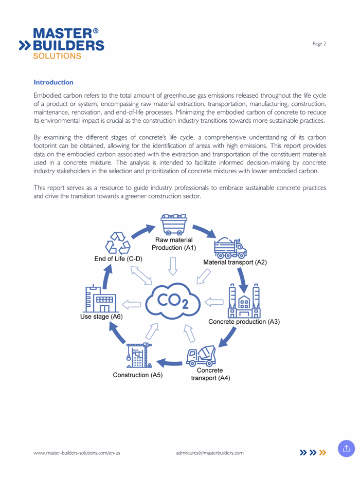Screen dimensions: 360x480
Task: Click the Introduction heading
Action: point(53,82)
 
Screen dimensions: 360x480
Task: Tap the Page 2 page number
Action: point(319,44)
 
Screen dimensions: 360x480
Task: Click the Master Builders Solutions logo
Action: point(62,44)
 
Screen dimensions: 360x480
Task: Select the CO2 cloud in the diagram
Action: point(173,301)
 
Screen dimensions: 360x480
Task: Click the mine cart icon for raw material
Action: point(174,225)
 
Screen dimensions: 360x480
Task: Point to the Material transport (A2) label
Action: point(235,262)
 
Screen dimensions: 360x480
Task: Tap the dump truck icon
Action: point(230,248)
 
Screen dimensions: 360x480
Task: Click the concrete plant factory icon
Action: point(244,301)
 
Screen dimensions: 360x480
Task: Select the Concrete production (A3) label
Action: point(244,322)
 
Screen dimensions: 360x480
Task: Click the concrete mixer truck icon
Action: point(201,356)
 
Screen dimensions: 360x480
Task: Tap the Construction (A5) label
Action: point(137,375)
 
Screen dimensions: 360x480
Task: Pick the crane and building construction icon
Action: point(139,356)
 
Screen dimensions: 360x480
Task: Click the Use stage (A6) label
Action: point(101,317)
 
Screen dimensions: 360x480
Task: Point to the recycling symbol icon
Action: point(118,243)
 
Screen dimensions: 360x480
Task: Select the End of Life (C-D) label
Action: point(118,259)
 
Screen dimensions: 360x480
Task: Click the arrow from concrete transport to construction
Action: point(169,363)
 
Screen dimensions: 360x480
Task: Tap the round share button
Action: point(346,449)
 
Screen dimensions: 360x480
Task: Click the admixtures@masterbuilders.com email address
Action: point(210,453)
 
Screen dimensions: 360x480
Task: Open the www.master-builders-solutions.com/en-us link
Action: point(77,453)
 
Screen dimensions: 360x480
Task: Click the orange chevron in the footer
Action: point(322,452)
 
